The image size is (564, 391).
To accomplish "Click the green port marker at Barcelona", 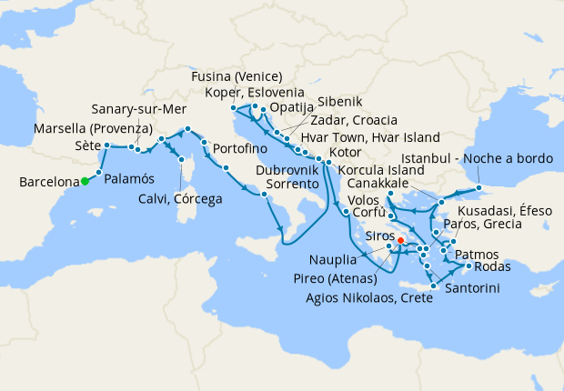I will click(85, 181).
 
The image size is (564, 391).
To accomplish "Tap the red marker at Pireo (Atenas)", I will click(401, 241).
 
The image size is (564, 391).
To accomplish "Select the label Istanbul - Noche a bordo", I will click(477, 158).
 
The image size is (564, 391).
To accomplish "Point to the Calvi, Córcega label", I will click(180, 199).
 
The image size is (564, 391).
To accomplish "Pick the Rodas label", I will click(493, 266).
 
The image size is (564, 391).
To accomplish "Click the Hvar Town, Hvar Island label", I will click(356, 136).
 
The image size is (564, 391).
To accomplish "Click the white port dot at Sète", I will click(107, 145).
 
